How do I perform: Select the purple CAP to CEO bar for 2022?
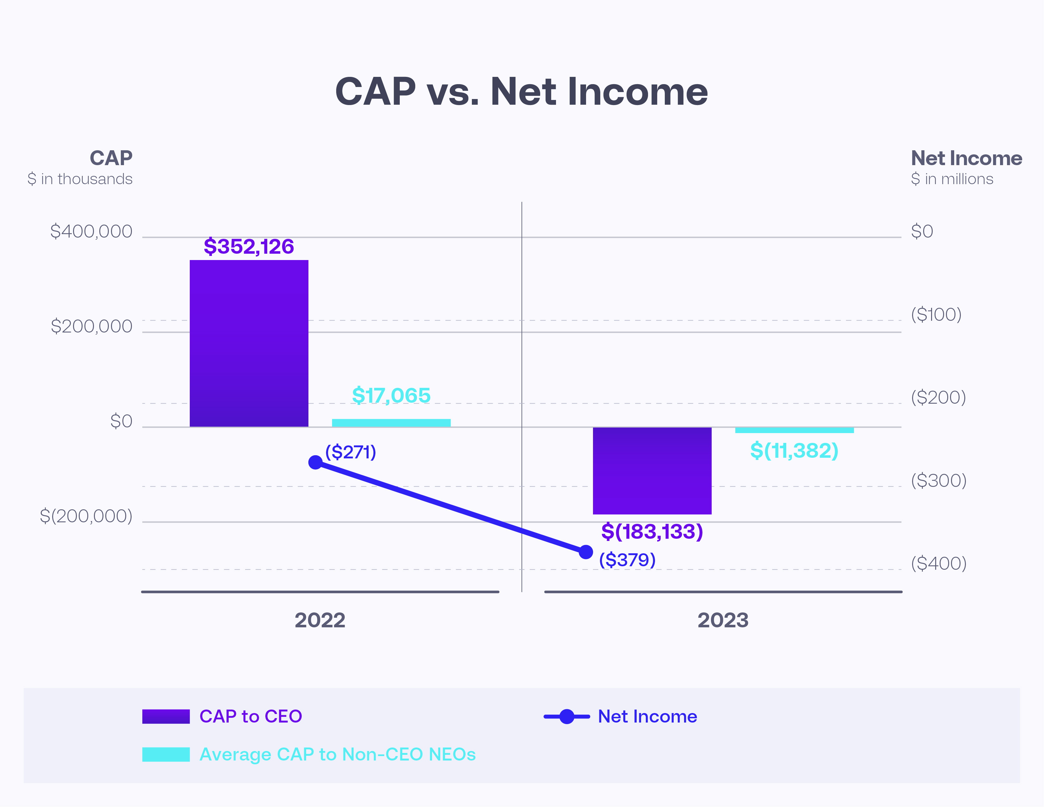pos(249,343)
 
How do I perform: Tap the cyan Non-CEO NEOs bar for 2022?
pos(391,423)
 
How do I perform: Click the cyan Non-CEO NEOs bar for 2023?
pos(794,430)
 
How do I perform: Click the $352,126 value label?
pos(249,247)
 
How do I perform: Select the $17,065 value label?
pos(391,395)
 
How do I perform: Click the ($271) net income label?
pos(350,452)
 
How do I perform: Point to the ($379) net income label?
pos(627,560)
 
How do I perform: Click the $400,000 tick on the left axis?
pos(91,231)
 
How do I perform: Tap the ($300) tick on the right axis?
pos(938,481)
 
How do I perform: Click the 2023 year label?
pos(723,620)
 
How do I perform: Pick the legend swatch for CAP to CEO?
pos(166,716)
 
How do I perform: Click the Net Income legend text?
pos(647,716)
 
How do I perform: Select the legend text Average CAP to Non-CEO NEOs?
pos(337,754)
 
